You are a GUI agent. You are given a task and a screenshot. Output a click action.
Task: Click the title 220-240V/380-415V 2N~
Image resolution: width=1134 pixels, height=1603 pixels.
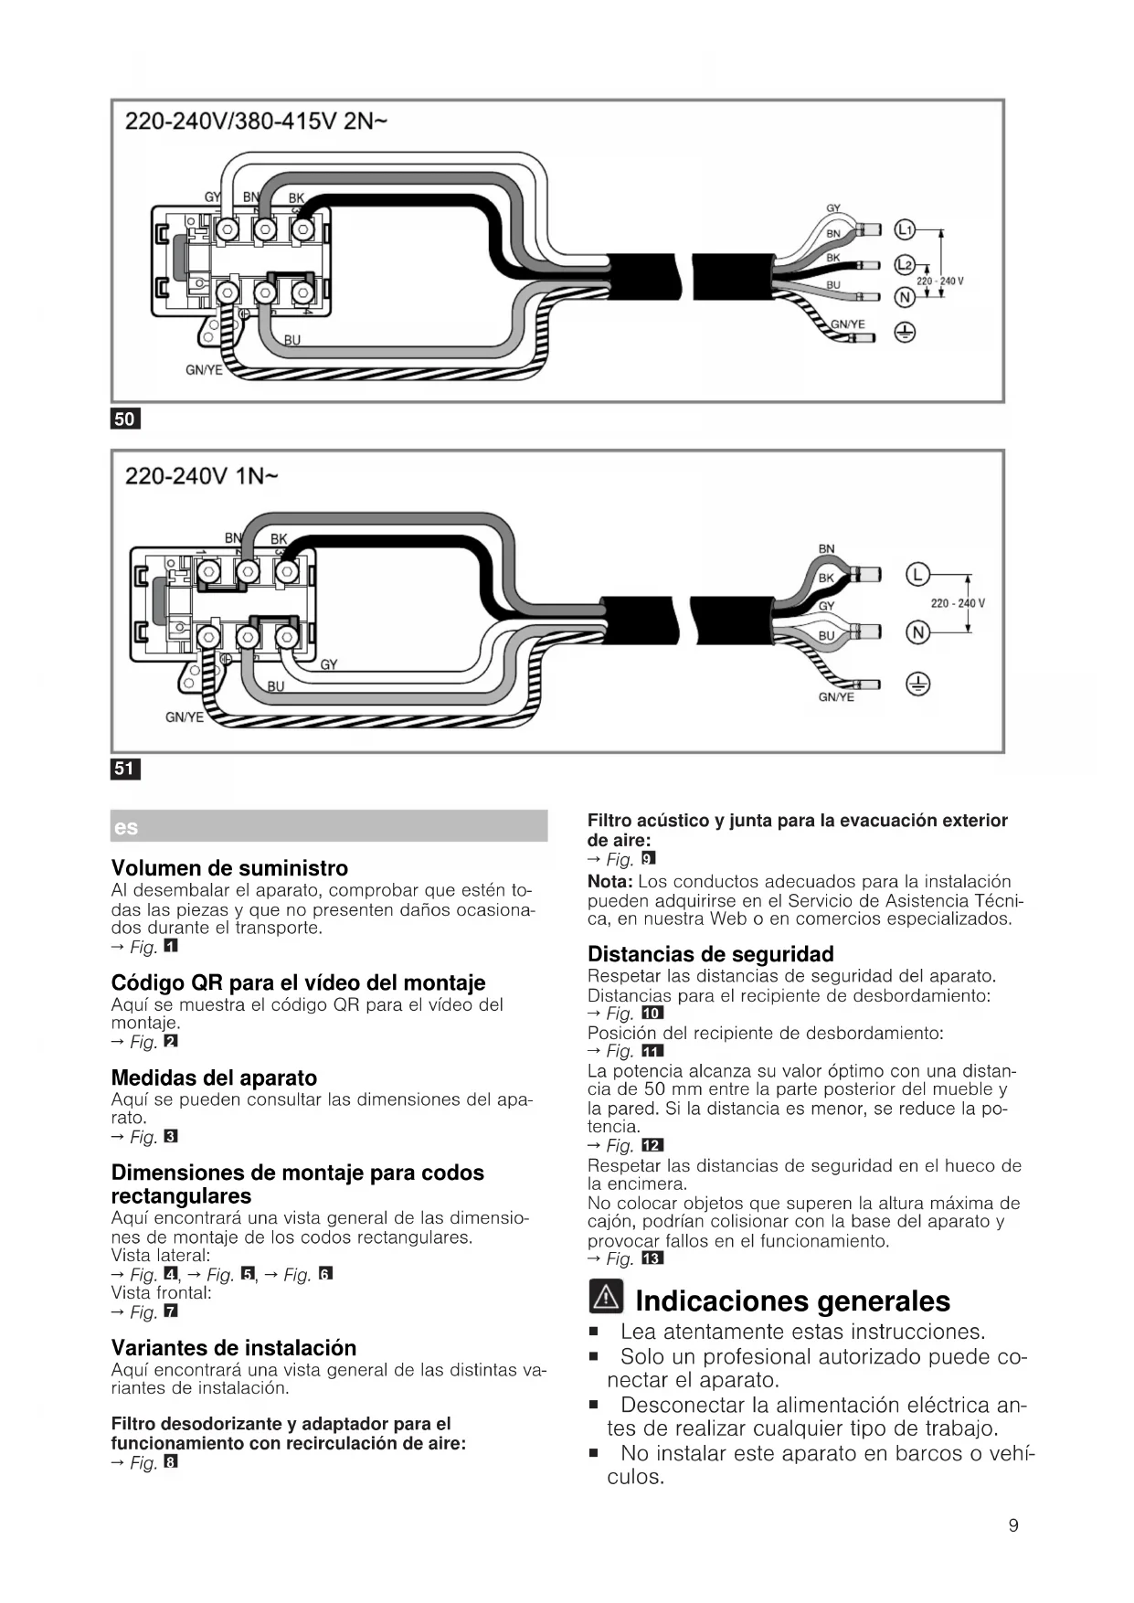[256, 122]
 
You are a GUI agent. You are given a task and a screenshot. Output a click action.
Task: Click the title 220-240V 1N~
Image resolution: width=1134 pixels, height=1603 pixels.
[202, 476]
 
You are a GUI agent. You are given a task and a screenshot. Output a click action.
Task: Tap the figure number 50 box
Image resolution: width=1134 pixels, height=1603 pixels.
[125, 419]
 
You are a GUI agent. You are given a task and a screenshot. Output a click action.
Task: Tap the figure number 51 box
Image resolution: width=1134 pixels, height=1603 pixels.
[125, 769]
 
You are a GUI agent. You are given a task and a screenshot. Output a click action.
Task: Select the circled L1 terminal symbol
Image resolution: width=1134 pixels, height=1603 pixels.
[904, 229]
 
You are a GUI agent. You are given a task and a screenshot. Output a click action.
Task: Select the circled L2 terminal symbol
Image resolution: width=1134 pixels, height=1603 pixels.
[904, 265]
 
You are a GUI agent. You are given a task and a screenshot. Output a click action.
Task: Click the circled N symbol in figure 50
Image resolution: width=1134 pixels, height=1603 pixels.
[904, 298]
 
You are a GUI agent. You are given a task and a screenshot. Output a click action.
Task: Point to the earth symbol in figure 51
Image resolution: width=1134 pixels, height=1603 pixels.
[917, 685]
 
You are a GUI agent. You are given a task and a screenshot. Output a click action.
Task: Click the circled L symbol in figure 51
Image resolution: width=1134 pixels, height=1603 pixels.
[917, 575]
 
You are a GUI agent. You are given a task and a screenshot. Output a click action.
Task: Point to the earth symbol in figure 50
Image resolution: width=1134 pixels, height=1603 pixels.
[904, 334]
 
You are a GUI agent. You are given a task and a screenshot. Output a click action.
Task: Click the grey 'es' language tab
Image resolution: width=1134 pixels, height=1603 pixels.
[329, 826]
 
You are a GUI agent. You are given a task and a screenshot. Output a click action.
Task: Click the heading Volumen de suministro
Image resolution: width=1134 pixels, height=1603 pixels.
[229, 868]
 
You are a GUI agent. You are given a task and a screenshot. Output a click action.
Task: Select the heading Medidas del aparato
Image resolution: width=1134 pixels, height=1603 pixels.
[214, 1078]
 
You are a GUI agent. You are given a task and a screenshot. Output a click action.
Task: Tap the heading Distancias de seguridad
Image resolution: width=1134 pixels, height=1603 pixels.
[710, 954]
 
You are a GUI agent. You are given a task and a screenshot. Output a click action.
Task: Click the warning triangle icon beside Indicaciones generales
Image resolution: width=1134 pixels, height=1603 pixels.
[606, 1297]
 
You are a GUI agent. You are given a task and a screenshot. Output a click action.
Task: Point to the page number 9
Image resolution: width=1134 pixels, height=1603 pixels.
[1012, 1525]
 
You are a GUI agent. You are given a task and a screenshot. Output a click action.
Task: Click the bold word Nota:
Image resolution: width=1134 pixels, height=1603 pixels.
[609, 882]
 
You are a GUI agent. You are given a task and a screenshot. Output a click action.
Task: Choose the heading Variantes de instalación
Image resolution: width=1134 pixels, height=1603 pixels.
[233, 1347]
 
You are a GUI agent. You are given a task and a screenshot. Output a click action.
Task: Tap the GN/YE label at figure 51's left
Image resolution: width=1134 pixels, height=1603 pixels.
[184, 717]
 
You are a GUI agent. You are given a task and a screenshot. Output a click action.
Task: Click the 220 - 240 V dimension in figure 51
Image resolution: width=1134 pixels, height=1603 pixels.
[957, 603]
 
